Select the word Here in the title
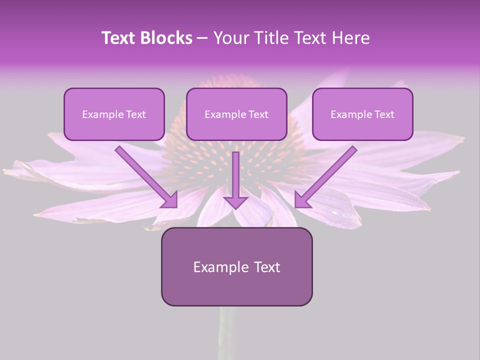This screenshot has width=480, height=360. coord(350,38)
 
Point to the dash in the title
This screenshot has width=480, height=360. coord(202,38)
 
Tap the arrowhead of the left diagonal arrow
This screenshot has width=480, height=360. coord(171,200)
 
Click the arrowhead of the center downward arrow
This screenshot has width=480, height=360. coord(235,202)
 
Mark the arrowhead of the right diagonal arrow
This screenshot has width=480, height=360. coord(301,200)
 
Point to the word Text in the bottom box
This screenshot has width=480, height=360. coord(266,267)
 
